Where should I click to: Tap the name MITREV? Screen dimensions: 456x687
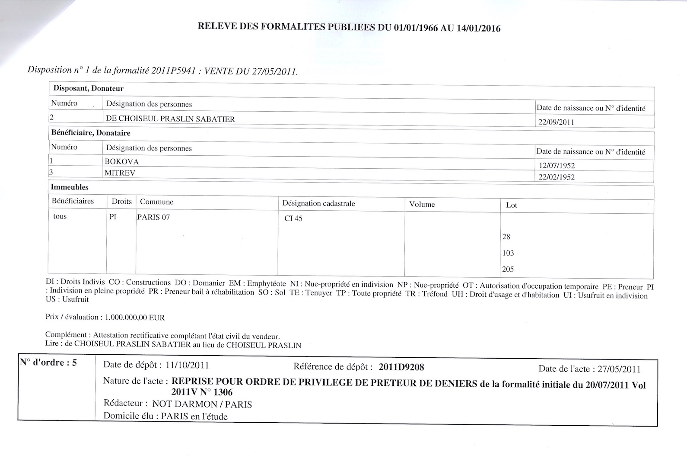click(x=120, y=173)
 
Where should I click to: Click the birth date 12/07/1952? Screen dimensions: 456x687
click(x=557, y=165)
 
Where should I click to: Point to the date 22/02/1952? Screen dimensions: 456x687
click(x=557, y=177)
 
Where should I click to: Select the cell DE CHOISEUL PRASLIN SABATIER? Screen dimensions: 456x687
click(x=170, y=119)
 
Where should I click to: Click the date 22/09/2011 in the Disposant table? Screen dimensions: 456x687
click(x=556, y=122)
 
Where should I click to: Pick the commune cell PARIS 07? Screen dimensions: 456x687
click(x=153, y=217)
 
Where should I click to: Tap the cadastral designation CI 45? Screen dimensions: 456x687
click(x=293, y=218)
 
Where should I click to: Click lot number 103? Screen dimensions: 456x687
click(x=508, y=253)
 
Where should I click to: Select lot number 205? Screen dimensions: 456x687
click(x=508, y=269)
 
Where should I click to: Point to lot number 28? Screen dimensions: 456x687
click(x=506, y=237)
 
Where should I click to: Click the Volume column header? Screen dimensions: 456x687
click(x=422, y=204)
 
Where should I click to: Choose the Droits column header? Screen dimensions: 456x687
click(x=121, y=201)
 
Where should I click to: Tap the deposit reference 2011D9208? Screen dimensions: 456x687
click(x=401, y=367)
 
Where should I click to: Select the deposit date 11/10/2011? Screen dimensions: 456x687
click(x=187, y=365)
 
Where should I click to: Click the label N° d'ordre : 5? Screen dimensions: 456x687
click(x=48, y=363)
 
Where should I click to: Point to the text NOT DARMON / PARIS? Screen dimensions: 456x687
click(x=202, y=404)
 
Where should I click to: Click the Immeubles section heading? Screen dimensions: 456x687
click(x=70, y=187)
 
